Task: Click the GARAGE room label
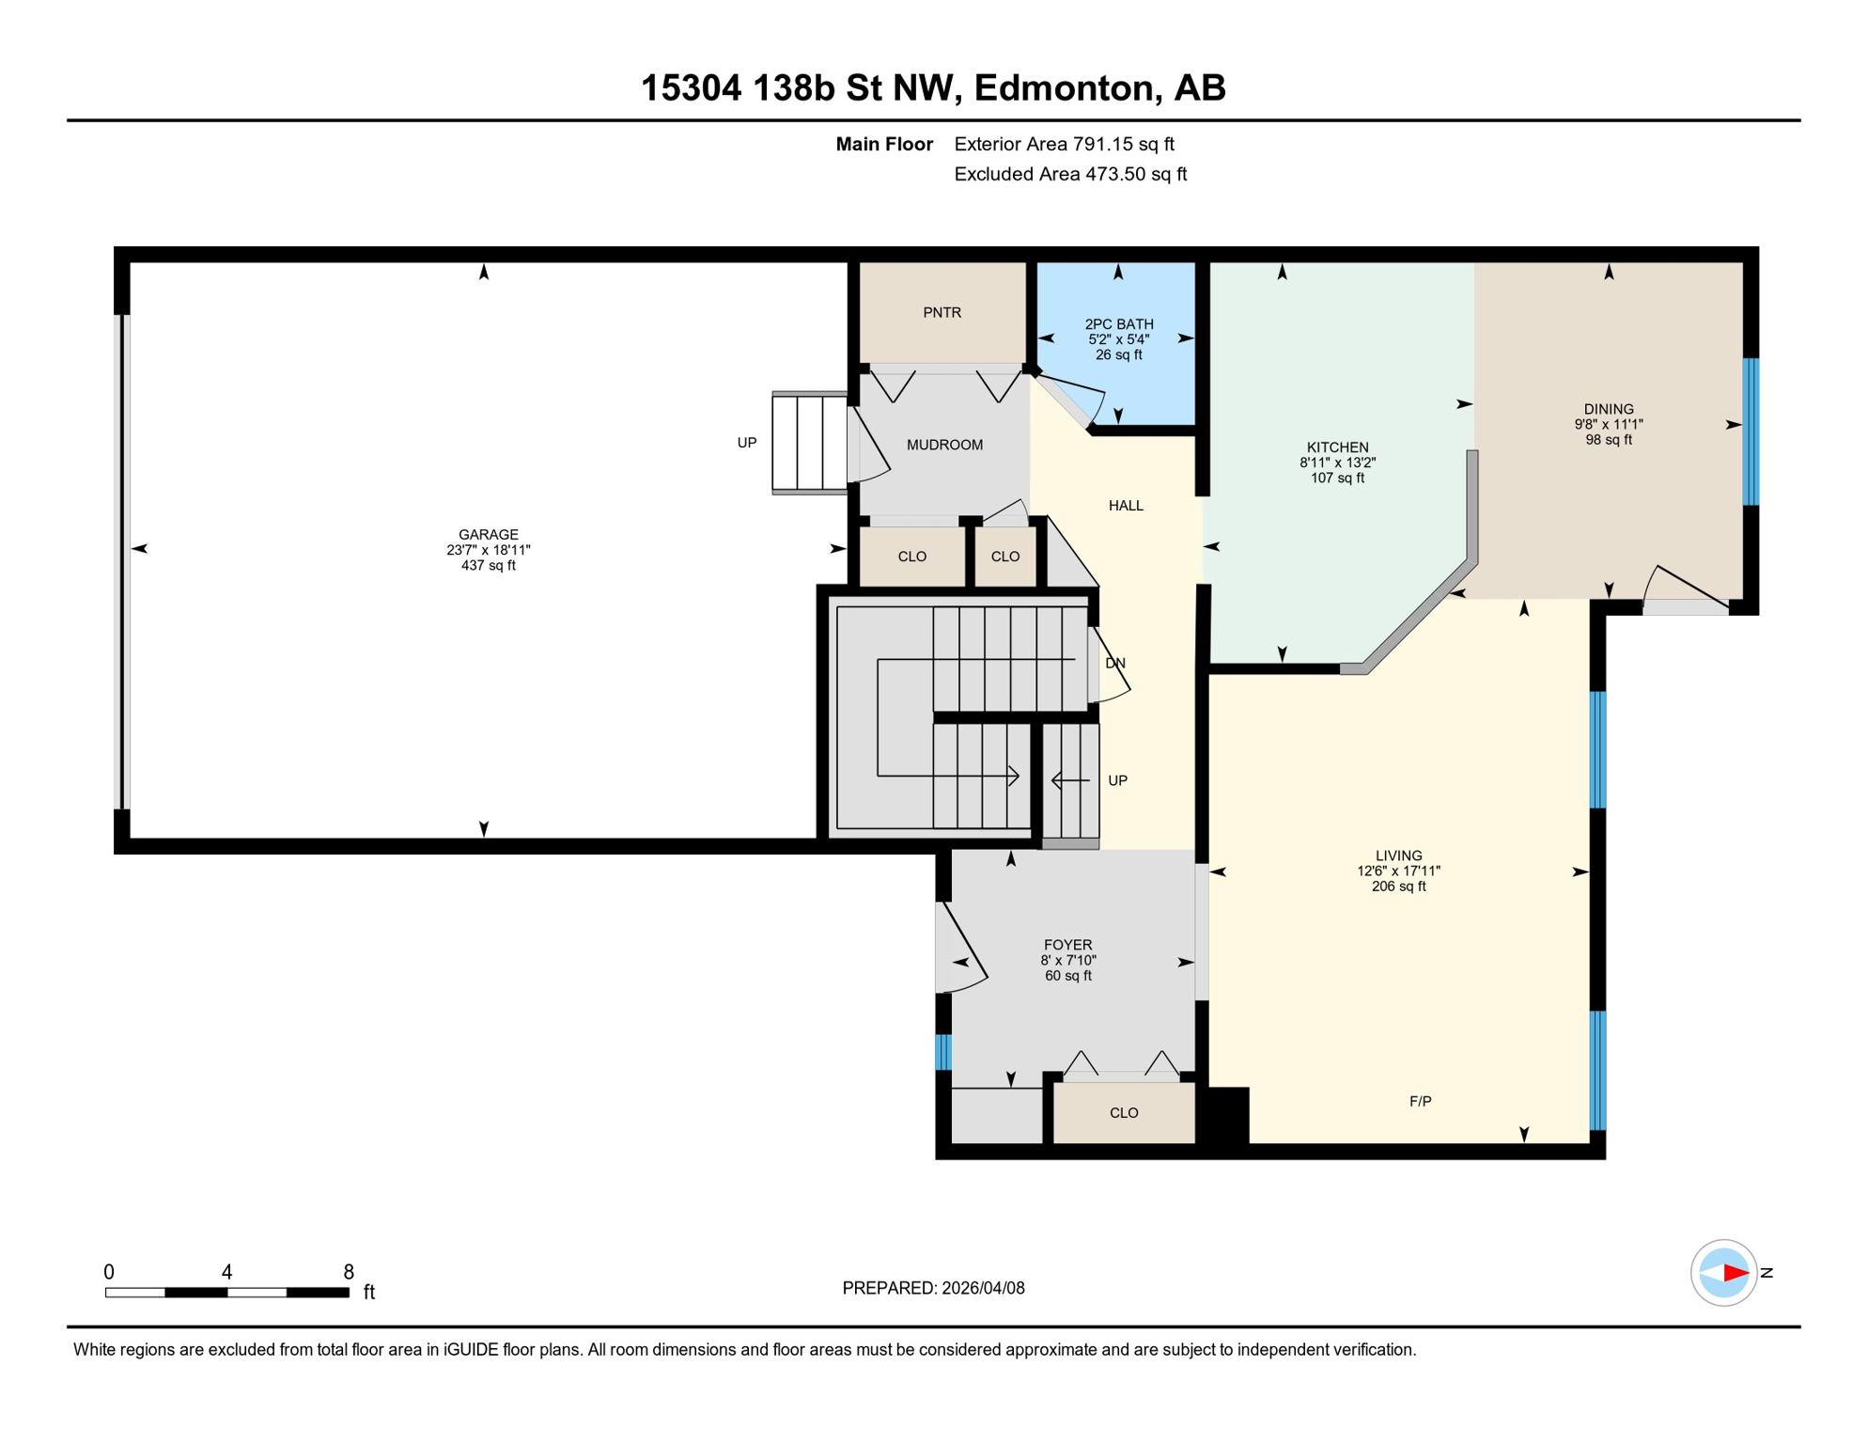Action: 488,535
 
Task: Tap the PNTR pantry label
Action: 942,313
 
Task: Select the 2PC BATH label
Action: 1118,324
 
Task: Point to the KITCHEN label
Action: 1337,447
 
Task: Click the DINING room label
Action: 1608,409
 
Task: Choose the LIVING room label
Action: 1398,855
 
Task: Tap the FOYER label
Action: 1067,945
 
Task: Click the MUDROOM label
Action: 944,445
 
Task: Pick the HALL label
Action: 1126,506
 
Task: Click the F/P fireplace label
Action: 1420,1101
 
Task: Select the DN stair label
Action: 1115,663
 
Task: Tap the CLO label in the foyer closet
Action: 1124,1113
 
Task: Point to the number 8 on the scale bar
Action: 349,1272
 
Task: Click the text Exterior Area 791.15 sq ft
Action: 1064,144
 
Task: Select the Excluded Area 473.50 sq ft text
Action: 1070,174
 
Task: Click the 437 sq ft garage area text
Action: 488,566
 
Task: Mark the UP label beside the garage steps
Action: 746,443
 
